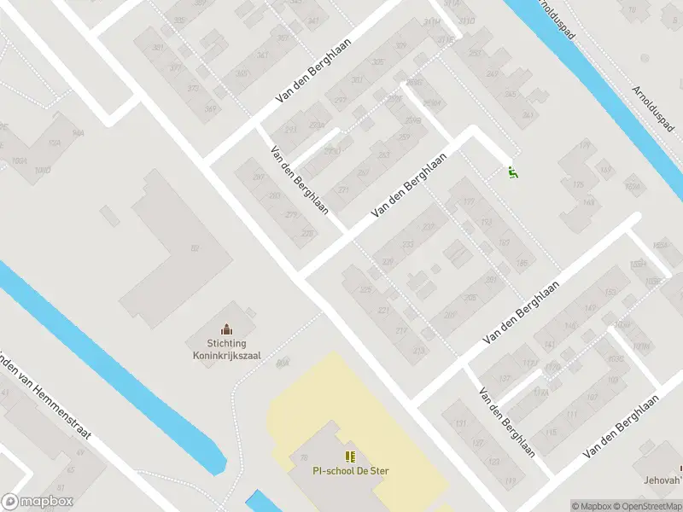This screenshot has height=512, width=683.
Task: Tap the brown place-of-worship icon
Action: click(226, 329)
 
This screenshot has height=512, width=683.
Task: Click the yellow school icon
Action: click(350, 457)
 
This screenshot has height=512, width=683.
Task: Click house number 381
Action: click(157, 48)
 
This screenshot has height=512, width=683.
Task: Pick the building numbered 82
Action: click(195, 248)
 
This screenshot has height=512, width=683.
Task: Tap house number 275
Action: click(307, 233)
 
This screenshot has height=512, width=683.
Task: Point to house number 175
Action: click(577, 185)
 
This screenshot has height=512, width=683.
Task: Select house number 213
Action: click(418, 351)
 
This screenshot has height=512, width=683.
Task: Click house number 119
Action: click(511, 483)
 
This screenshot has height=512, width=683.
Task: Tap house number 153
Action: click(610, 293)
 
